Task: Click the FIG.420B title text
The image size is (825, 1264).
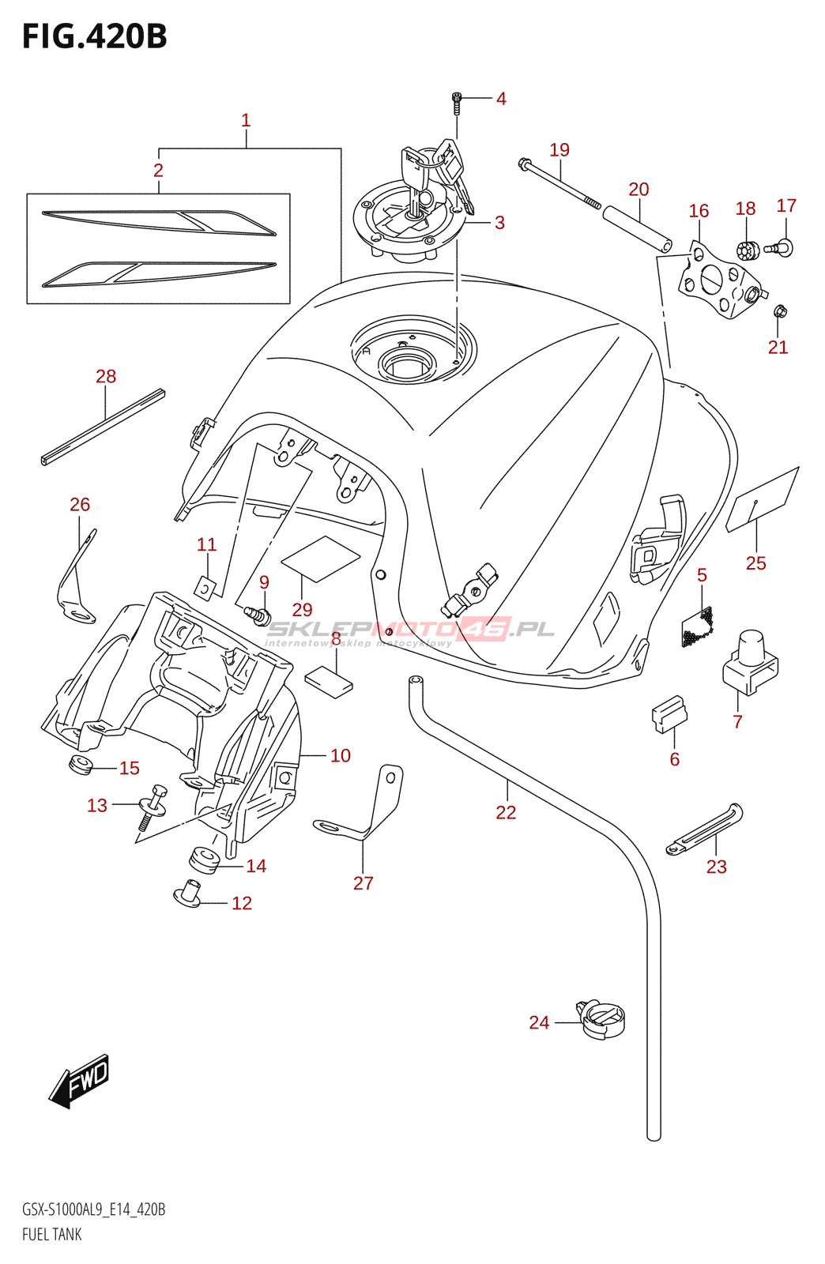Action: click(95, 37)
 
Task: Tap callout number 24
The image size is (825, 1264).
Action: click(539, 1022)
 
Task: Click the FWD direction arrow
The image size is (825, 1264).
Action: click(79, 1080)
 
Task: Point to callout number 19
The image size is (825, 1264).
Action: click(559, 149)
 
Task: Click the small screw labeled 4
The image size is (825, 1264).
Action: click(457, 100)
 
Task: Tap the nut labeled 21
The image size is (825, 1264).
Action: click(780, 311)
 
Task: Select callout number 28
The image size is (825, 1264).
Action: click(106, 376)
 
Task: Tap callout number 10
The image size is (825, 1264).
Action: click(341, 755)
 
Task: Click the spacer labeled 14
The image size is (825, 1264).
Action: click(203, 860)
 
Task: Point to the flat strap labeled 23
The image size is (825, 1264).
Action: click(704, 829)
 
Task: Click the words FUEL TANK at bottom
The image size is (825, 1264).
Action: click(52, 1234)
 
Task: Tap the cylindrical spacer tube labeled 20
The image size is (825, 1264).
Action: click(637, 228)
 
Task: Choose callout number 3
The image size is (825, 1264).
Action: click(499, 223)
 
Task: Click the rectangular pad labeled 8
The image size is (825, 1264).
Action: click(329, 681)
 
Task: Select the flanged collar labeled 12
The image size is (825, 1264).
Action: click(187, 893)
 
